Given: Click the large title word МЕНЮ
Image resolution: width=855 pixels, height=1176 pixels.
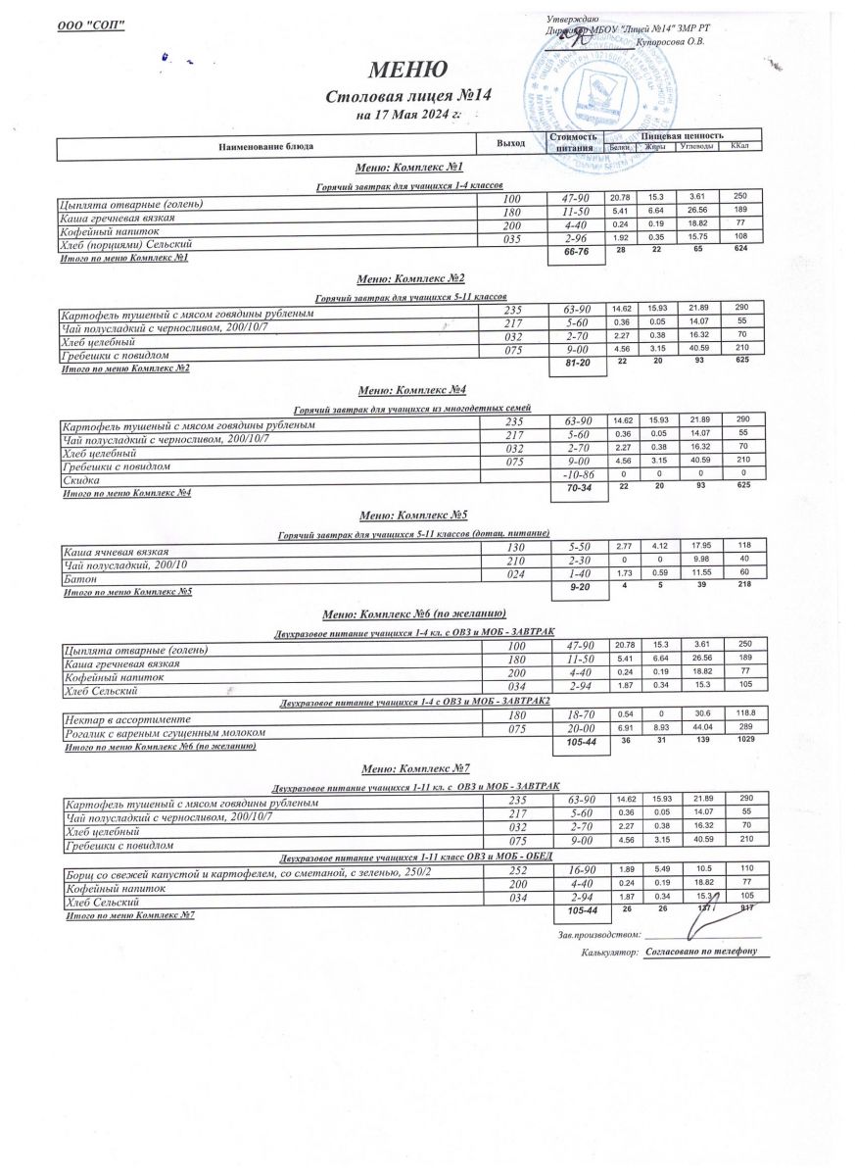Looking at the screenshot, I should tap(407, 70).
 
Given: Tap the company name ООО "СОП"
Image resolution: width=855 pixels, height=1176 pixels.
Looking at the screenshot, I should tap(92, 24).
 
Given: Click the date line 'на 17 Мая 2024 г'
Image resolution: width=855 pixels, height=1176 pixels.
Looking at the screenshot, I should tap(407, 116).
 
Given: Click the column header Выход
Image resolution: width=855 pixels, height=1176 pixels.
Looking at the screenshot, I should tap(510, 143).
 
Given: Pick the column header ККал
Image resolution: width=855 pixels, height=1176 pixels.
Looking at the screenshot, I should tap(740, 146).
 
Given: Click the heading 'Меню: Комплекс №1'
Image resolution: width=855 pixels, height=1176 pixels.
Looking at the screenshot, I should tap(403, 169).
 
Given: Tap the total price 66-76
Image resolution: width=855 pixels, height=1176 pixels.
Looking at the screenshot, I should tap(574, 253).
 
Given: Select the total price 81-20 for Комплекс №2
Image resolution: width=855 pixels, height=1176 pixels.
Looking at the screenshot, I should tap(574, 363).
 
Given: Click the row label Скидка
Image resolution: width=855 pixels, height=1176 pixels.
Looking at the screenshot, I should tap(81, 480).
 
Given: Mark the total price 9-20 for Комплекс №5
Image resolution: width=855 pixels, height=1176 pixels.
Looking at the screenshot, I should tap(574, 588).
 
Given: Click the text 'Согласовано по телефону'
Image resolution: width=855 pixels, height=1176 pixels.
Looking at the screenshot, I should tap(700, 952).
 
